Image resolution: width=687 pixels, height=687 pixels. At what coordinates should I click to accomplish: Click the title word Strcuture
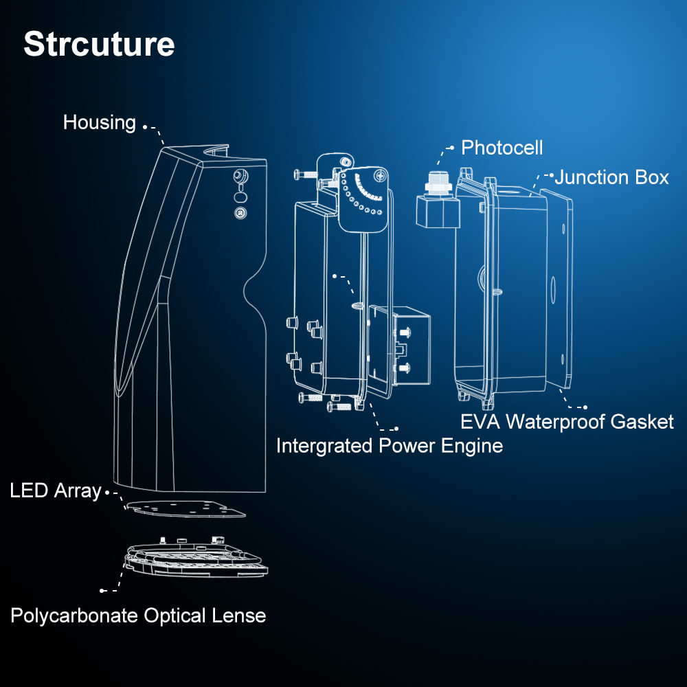99,44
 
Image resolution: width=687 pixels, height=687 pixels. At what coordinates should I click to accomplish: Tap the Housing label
100,123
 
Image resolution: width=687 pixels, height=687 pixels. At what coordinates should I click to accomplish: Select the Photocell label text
502,148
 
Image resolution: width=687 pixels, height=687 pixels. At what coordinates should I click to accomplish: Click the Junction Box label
611,177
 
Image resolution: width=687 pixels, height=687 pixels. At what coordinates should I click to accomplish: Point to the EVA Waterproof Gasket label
567,421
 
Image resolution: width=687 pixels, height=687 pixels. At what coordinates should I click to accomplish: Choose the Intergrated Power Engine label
389,446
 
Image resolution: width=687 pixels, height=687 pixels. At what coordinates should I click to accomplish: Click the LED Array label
56,491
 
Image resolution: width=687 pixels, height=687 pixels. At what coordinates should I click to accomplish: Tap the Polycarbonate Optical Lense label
138,615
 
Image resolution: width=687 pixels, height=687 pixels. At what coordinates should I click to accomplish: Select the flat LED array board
185,509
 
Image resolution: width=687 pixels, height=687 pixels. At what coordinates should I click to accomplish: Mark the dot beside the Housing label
144,126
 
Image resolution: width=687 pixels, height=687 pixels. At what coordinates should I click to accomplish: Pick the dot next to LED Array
107,492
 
